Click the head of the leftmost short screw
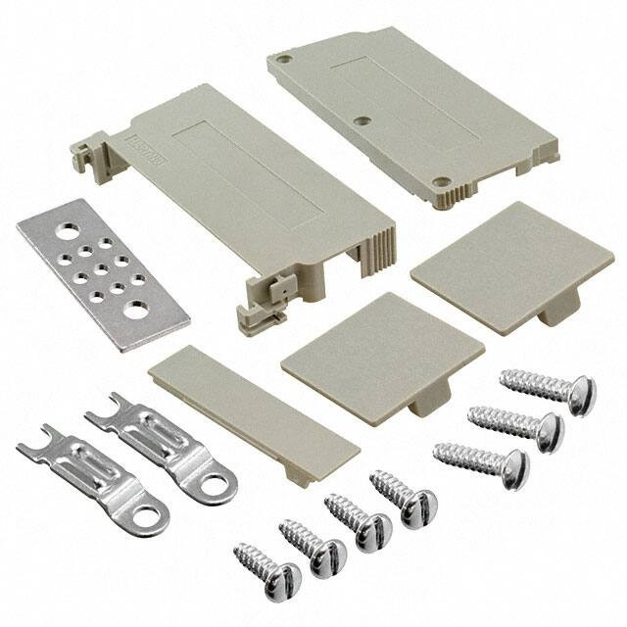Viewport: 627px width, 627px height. coord(282,580)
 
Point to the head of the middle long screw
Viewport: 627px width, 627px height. coord(545,431)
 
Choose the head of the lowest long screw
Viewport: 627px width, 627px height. coord(510,469)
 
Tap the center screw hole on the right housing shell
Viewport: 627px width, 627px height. coord(362,121)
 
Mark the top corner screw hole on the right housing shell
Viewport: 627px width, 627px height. coord(284,59)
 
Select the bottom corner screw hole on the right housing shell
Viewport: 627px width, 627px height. coord(442,182)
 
